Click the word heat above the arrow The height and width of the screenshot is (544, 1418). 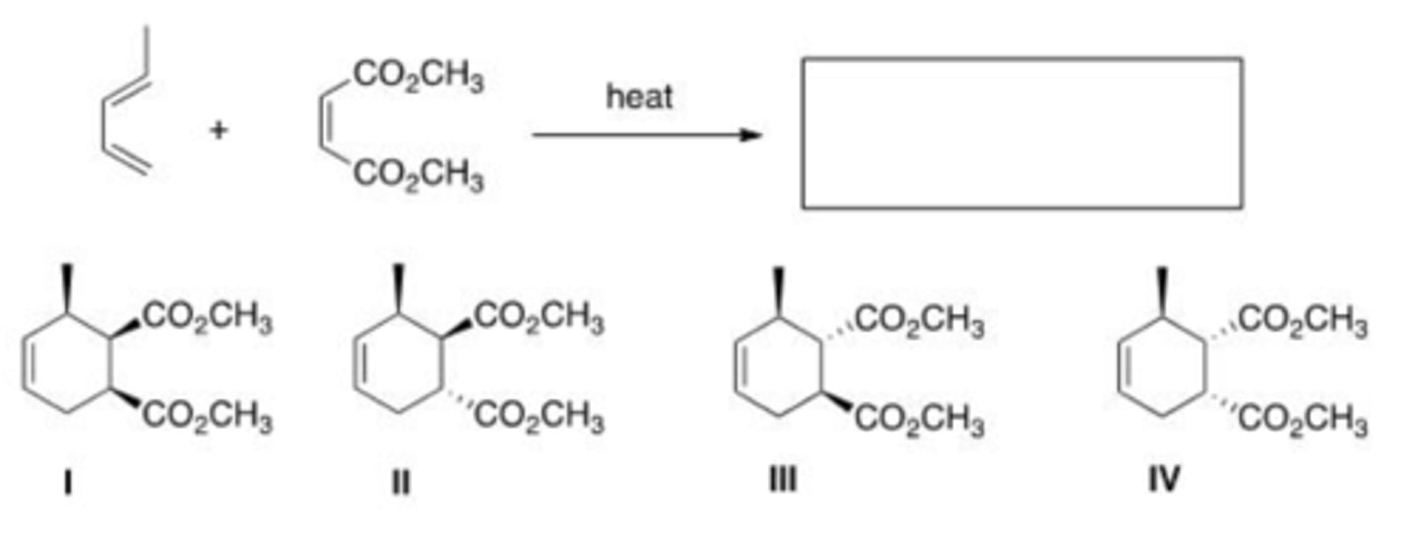[640, 97]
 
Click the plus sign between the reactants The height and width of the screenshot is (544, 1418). [219, 130]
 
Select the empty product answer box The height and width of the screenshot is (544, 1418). [1021, 133]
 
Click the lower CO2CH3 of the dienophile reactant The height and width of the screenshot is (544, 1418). [418, 178]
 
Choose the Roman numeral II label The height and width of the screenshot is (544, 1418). [399, 482]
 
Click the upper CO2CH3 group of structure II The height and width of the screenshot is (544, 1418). [539, 318]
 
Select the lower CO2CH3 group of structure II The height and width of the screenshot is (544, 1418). [539, 421]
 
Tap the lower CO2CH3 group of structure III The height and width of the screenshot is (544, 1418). [921, 422]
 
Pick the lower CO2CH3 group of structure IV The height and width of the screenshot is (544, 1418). [1303, 422]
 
